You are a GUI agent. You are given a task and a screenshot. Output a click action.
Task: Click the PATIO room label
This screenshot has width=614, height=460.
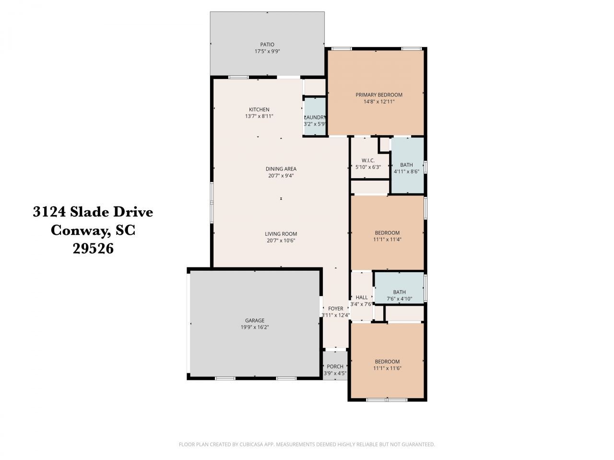point(267,45)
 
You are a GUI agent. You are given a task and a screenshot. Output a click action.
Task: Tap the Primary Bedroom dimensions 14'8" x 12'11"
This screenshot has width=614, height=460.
point(378,102)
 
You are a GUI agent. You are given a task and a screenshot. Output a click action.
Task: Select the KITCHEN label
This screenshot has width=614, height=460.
point(259,109)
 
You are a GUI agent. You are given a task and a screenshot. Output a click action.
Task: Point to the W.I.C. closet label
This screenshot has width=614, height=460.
point(368,160)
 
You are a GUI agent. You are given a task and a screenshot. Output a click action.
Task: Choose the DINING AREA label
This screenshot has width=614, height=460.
point(281,169)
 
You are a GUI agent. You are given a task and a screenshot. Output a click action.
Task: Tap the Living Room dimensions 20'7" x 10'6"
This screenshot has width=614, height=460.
point(281,241)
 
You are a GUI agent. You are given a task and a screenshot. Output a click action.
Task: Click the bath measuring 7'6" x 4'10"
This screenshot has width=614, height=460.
point(399,295)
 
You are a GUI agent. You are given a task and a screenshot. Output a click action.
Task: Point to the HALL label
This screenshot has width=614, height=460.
point(361,297)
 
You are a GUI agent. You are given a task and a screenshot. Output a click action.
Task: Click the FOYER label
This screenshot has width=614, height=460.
point(336,309)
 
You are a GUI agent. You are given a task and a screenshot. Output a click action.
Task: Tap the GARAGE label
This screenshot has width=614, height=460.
point(255,321)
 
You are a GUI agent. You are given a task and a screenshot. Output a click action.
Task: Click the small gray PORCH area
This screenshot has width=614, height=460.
point(335,369)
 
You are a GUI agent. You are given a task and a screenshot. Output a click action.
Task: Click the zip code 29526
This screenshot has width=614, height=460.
point(93,249)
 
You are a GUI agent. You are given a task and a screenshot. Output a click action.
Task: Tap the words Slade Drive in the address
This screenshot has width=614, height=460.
point(111,212)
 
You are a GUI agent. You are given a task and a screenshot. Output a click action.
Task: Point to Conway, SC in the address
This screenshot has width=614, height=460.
point(93,230)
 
